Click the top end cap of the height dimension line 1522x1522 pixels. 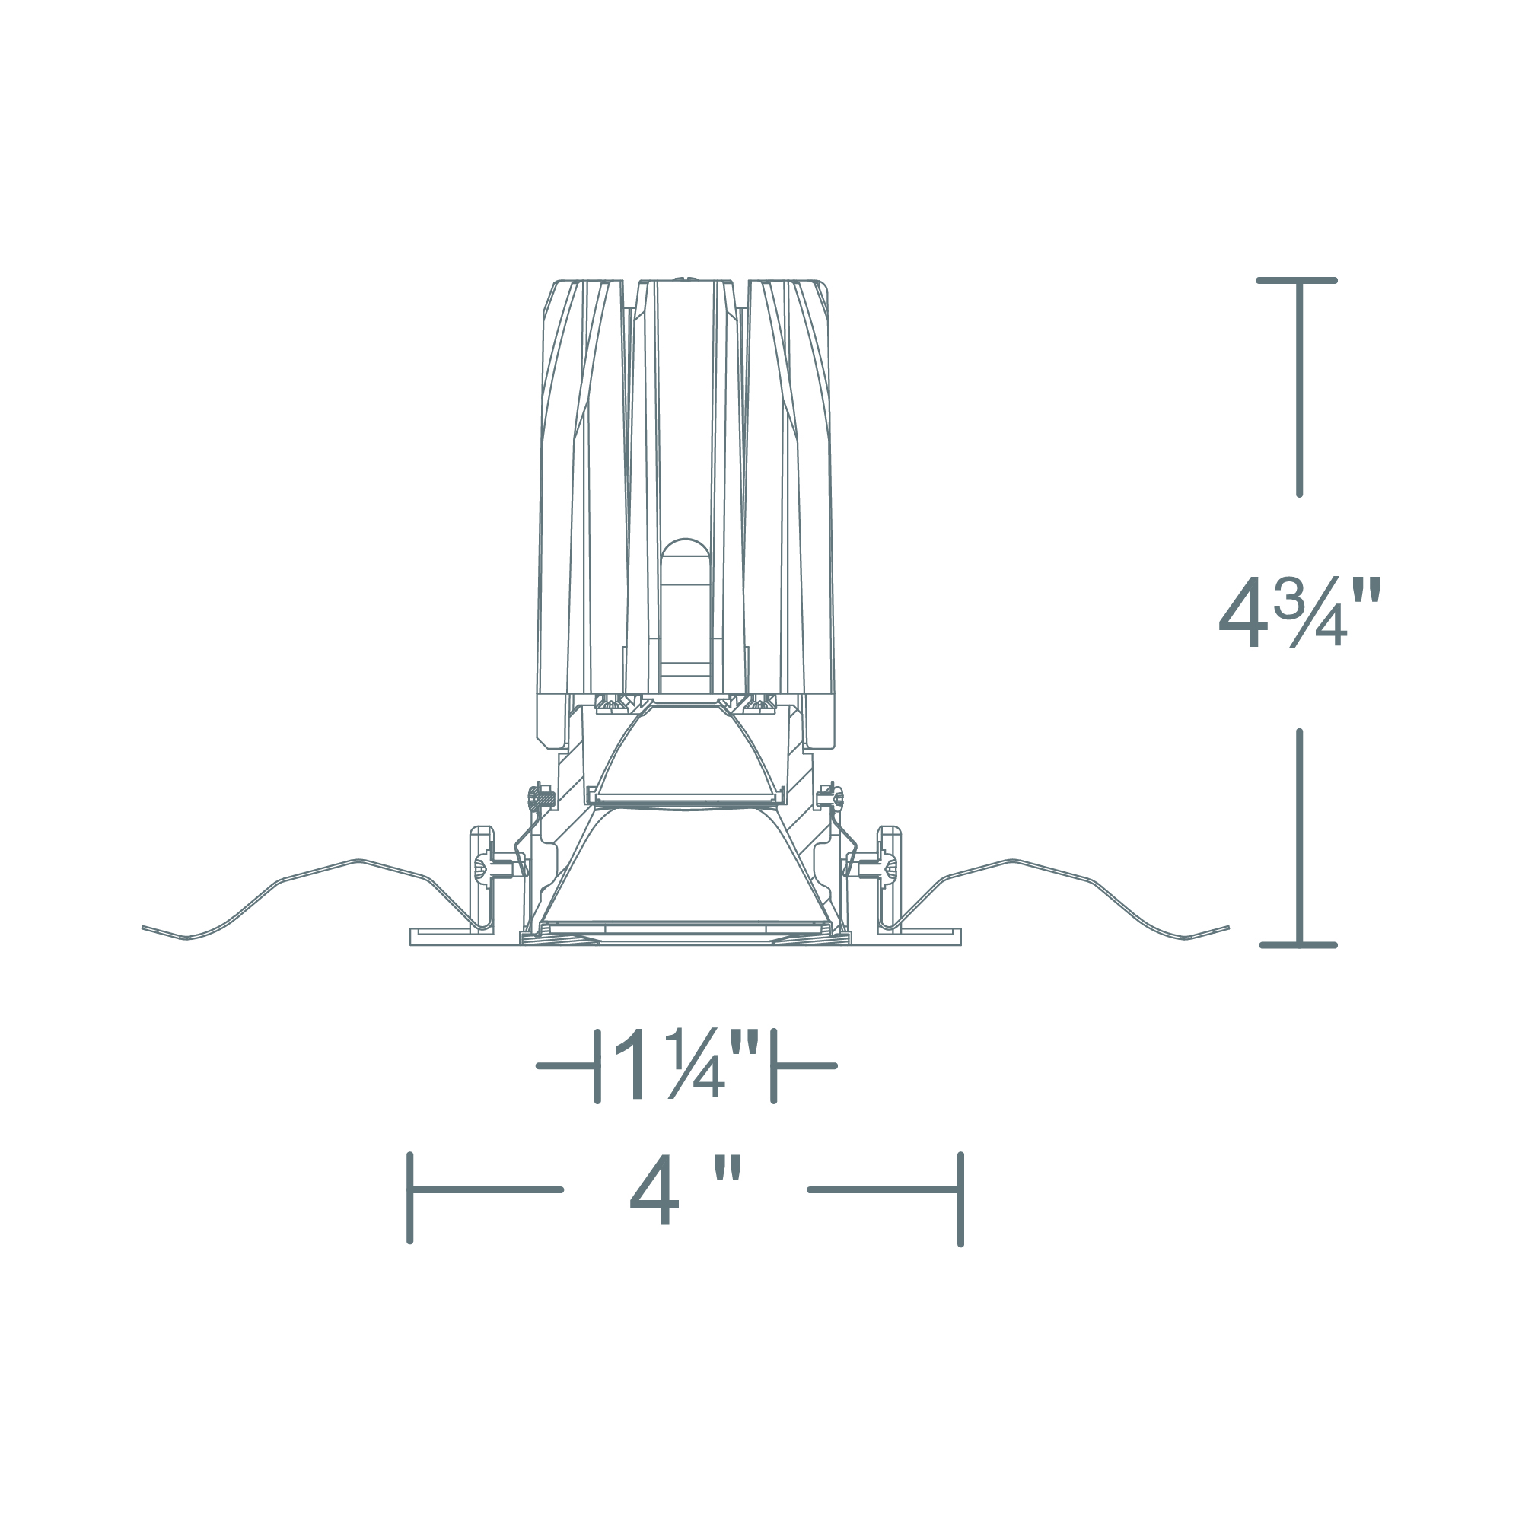coord(1297,281)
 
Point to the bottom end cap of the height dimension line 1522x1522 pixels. coord(1298,944)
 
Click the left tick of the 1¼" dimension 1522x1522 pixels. coord(597,1066)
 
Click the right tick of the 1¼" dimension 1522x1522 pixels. coord(774,1066)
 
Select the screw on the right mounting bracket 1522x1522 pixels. coord(890,870)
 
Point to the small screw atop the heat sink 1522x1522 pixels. coord(685,277)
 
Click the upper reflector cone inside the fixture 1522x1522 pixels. coord(686,756)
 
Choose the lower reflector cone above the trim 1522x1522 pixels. coord(684,867)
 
